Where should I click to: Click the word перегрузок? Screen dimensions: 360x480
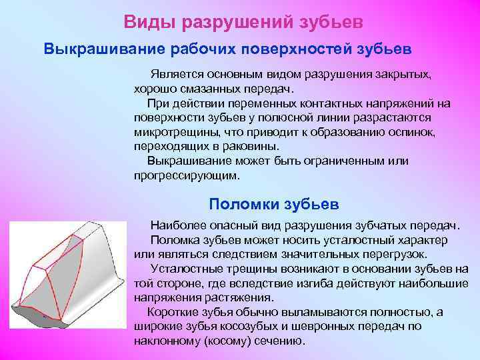[x=393, y=254]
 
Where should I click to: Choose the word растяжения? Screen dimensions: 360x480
[x=225, y=297]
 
